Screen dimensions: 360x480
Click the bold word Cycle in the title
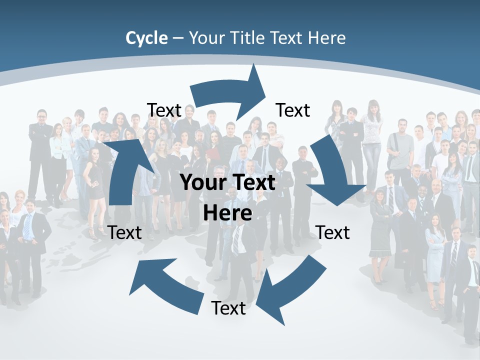point(146,38)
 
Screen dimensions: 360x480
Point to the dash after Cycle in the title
point(178,38)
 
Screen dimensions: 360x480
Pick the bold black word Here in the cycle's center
point(227,213)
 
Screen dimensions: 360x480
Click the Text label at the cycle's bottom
point(228,308)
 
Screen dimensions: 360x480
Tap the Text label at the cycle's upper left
point(164,110)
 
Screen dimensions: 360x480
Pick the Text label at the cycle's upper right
point(293,110)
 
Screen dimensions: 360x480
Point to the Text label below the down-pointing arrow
point(333,232)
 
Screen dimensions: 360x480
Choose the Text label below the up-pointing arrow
point(125,232)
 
